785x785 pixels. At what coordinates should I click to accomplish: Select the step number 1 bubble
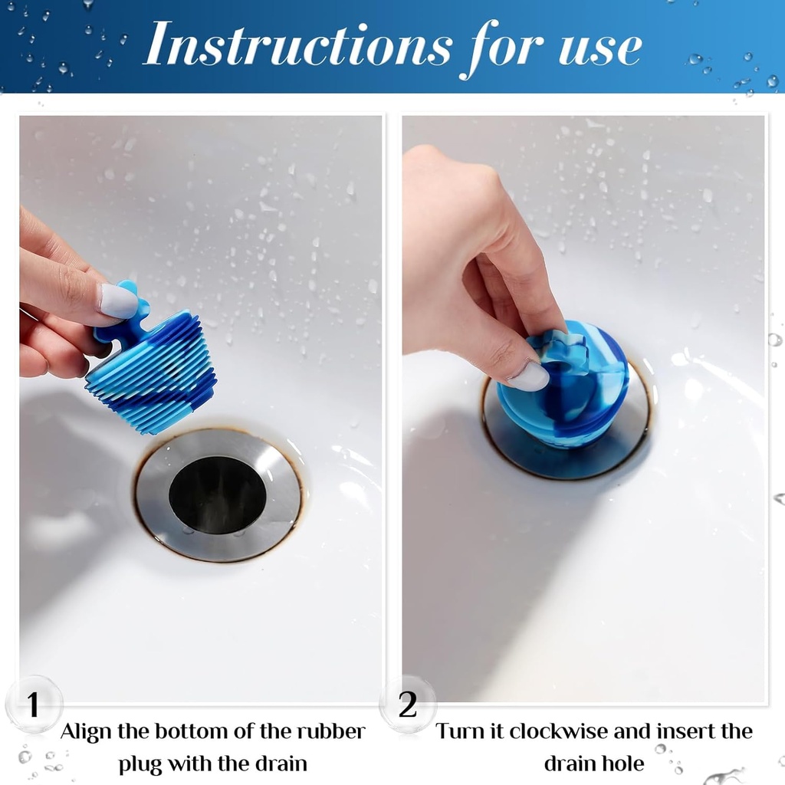pyautogui.click(x=33, y=705)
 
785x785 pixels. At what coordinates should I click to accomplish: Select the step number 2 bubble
pyautogui.click(x=408, y=705)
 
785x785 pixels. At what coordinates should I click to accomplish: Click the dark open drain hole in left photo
pyautogui.click(x=217, y=494)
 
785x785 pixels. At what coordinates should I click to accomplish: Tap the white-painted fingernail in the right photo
pyautogui.click(x=529, y=376)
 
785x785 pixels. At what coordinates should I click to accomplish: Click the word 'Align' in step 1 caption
pyautogui.click(x=86, y=731)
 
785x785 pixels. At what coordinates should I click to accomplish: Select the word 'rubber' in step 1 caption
pyautogui.click(x=330, y=731)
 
